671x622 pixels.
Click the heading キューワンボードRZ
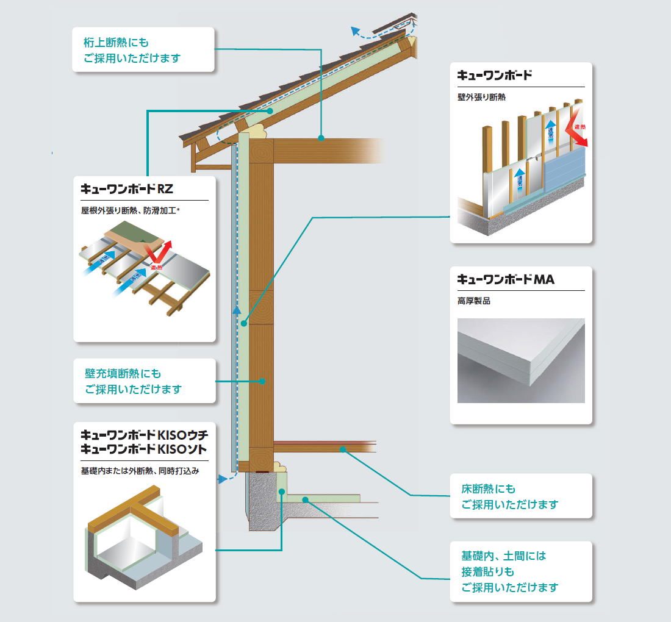click(127, 189)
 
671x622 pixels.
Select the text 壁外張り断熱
click(481, 97)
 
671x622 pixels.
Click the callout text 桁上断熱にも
click(116, 43)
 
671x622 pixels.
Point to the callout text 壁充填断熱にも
click(123, 373)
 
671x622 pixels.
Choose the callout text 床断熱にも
click(488, 489)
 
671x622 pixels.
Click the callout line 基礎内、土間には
click(503, 556)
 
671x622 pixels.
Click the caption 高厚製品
click(473, 301)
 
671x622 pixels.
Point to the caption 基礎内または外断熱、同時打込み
click(140, 471)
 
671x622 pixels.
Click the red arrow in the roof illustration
click(160, 254)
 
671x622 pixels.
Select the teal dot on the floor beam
click(343, 449)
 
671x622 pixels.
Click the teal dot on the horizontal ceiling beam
click(321, 138)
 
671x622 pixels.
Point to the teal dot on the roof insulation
click(269, 111)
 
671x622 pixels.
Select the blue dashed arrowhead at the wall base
click(221, 481)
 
